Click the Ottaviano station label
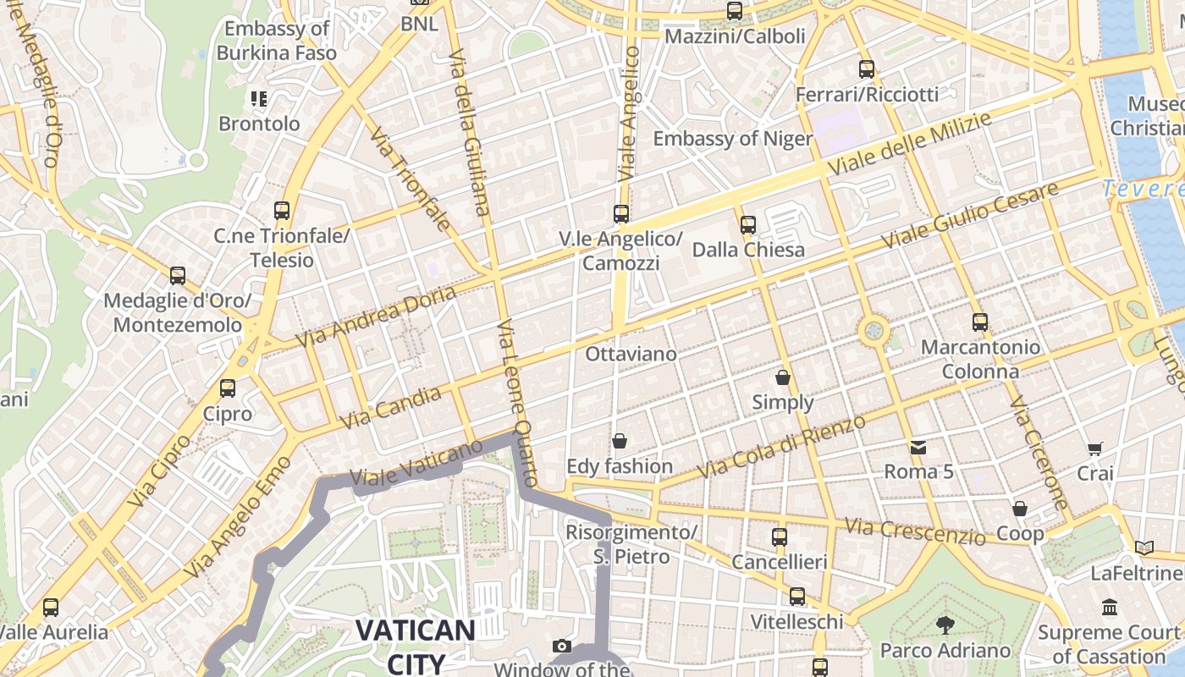(x=631, y=354)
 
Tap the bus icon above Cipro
(x=228, y=388)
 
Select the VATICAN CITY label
(x=415, y=646)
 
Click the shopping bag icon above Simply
(x=783, y=377)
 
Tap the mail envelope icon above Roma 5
(x=918, y=447)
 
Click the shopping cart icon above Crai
(x=1095, y=449)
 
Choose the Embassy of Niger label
(x=732, y=139)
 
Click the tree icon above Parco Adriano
(x=945, y=625)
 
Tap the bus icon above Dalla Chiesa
(x=747, y=225)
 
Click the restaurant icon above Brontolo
(x=259, y=99)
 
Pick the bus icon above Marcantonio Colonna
(x=979, y=322)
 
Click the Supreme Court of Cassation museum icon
(x=1110, y=607)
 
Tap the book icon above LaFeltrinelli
(x=1144, y=548)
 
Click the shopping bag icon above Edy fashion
(x=620, y=441)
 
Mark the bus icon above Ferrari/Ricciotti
(x=866, y=69)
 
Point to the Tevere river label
(x=1144, y=189)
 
